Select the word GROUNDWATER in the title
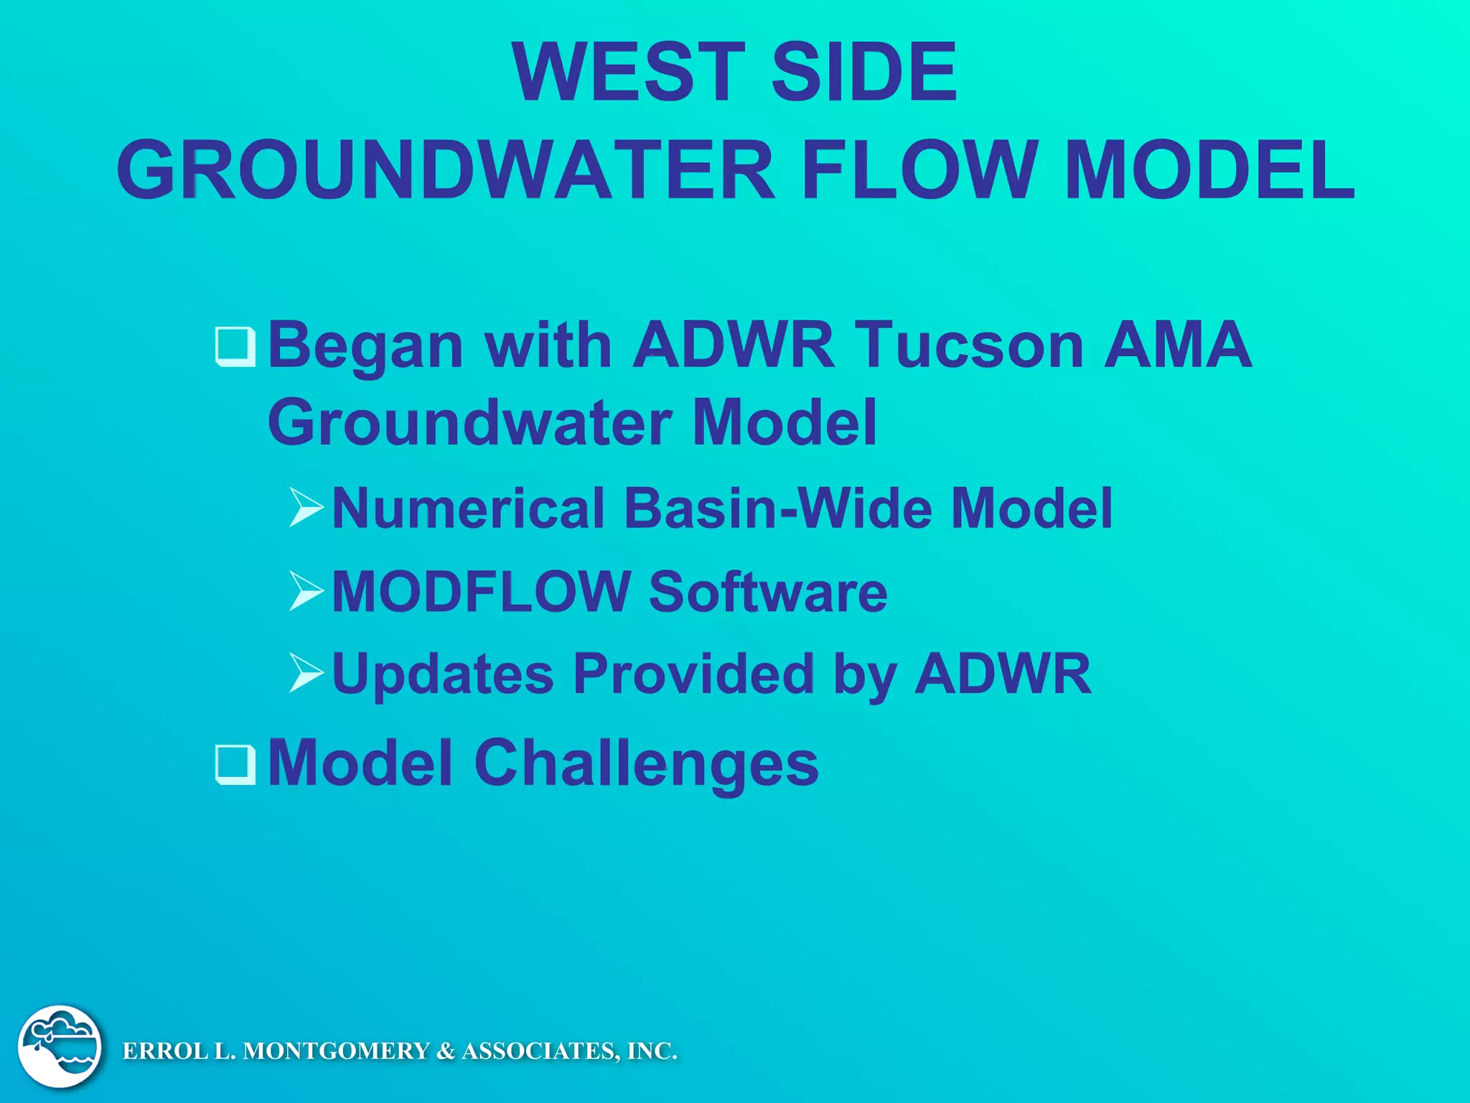[445, 171]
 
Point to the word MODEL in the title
[1210, 171]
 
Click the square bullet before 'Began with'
[235, 347]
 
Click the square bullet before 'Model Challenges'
[235, 764]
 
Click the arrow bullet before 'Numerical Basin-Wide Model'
[306, 507]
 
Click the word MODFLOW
[480, 592]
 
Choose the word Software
[768, 592]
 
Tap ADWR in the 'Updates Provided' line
[1003, 674]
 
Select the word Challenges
[646, 763]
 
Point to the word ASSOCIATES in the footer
[538, 1051]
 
